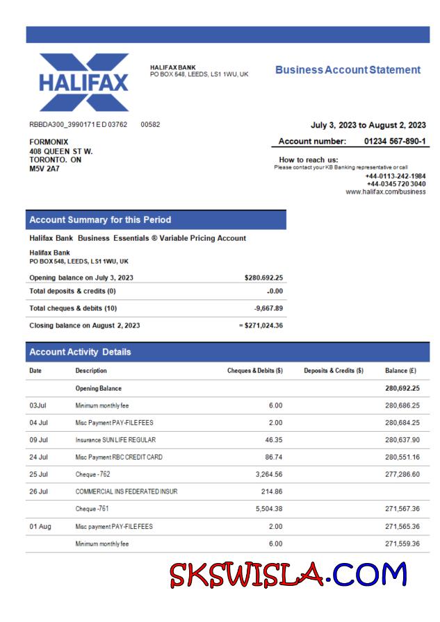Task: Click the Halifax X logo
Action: [x=84, y=83]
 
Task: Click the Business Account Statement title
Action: [x=348, y=70]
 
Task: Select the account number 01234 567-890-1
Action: [x=395, y=142]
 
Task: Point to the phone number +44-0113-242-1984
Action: [x=395, y=176]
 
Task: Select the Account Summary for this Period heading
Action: [x=100, y=220]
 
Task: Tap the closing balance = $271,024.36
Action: [x=259, y=325]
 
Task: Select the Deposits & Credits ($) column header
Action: [x=334, y=371]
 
